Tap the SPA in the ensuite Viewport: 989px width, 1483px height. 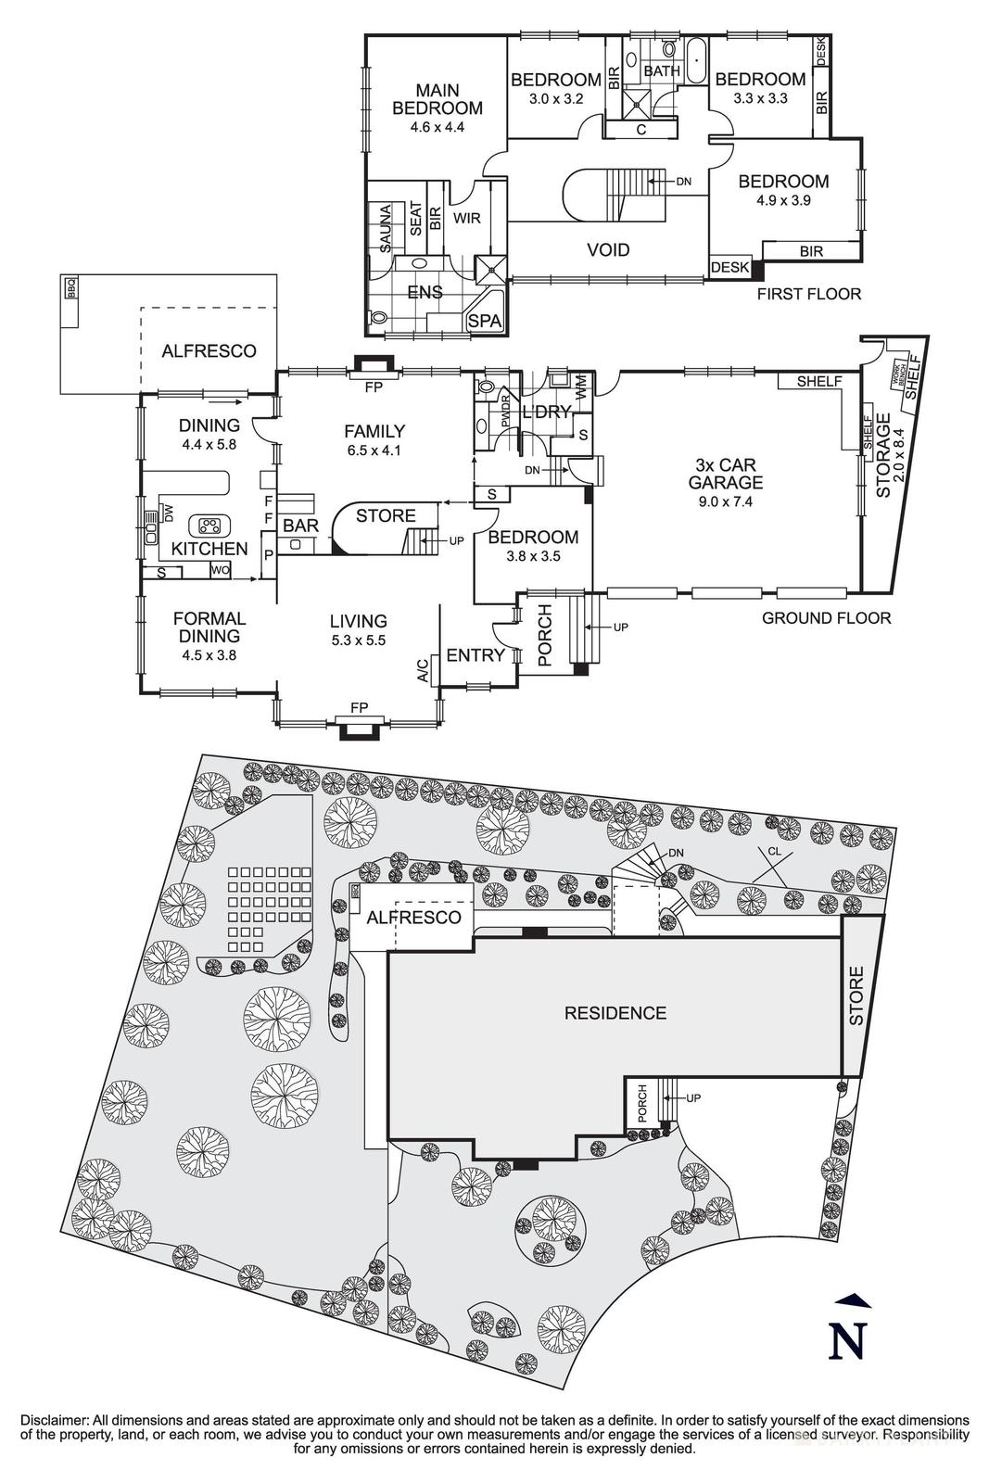(484, 320)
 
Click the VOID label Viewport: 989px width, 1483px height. (608, 249)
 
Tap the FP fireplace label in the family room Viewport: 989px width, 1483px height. (374, 387)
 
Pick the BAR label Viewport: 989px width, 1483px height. (300, 526)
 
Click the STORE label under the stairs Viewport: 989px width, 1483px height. (386, 515)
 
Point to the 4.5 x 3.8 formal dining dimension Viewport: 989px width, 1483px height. (209, 654)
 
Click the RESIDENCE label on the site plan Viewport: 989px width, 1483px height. (615, 1013)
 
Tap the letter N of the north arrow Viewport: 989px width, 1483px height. (846, 1341)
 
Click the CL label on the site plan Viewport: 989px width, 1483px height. (774, 851)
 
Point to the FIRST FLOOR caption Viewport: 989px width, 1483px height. (808, 294)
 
